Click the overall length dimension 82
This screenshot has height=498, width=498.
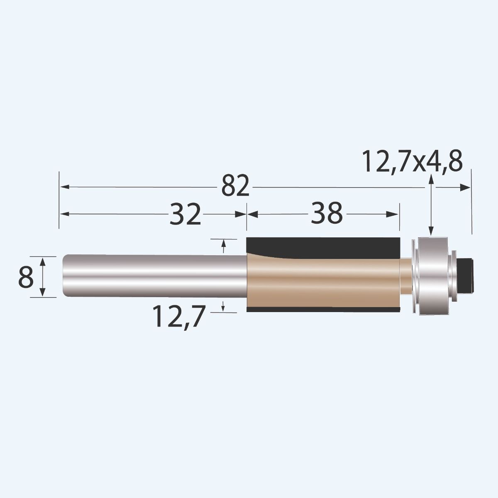click(235, 187)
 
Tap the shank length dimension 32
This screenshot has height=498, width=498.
click(185, 214)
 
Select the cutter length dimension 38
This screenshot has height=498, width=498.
click(327, 214)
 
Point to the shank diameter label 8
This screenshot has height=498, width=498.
click(26, 277)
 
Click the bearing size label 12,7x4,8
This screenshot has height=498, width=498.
click(412, 161)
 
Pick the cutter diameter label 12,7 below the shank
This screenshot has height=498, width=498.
click(179, 316)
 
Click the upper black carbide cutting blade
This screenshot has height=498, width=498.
click(324, 247)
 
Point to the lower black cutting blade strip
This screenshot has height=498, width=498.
click(324, 310)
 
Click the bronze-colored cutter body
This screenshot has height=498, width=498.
click(324, 282)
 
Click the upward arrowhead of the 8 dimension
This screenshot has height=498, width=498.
click(42, 261)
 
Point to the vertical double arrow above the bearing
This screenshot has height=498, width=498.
click(432, 205)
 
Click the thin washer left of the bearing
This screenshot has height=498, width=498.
click(413, 276)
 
